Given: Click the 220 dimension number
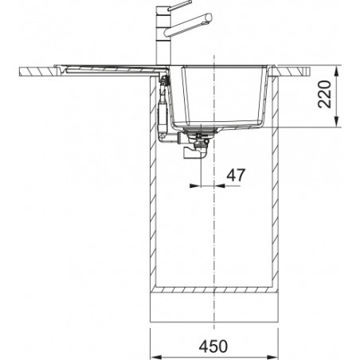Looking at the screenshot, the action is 325,94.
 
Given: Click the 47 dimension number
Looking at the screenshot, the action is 236,175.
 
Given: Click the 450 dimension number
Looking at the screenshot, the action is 213,346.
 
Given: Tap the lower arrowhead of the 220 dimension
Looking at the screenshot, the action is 337,122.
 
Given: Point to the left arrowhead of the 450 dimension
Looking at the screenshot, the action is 155,357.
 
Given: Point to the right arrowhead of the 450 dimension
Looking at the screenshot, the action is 272,357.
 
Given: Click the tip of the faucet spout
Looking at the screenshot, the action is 209,18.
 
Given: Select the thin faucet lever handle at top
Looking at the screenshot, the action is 179,6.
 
